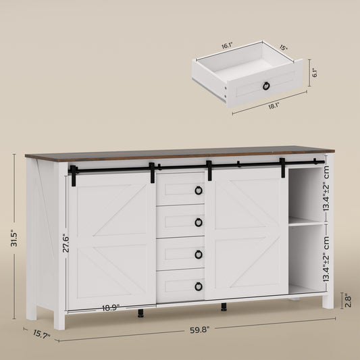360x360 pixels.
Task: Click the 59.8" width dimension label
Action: [x=199, y=330]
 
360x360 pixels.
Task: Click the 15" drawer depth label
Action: [x=283, y=47]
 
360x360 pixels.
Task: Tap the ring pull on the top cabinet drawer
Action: [x=199, y=190]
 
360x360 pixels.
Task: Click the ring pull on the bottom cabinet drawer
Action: [x=199, y=286]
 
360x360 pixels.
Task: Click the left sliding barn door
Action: [x=111, y=240]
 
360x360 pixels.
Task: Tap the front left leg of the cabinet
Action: [x=59, y=319]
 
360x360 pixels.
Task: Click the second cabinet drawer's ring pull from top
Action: [x=199, y=222]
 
